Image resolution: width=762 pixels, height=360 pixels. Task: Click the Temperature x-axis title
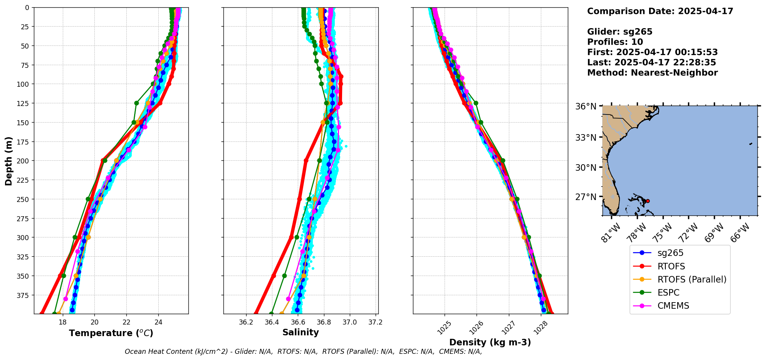(111, 333)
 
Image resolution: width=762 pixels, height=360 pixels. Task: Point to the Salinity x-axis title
(300, 332)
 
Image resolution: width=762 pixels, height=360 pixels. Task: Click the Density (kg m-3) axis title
(490, 342)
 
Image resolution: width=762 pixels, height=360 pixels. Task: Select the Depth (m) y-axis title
(9, 161)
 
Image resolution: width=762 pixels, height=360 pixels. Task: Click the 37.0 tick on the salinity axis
(349, 322)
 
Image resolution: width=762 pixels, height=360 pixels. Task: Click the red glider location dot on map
(648, 201)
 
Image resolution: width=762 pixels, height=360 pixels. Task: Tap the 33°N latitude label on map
(586, 138)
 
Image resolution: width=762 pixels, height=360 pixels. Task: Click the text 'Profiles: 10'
(615, 42)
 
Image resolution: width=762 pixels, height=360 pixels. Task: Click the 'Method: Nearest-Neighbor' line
(652, 73)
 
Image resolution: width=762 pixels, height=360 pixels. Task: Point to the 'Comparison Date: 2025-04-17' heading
(660, 11)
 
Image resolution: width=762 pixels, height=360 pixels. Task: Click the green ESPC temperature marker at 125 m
(136, 103)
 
